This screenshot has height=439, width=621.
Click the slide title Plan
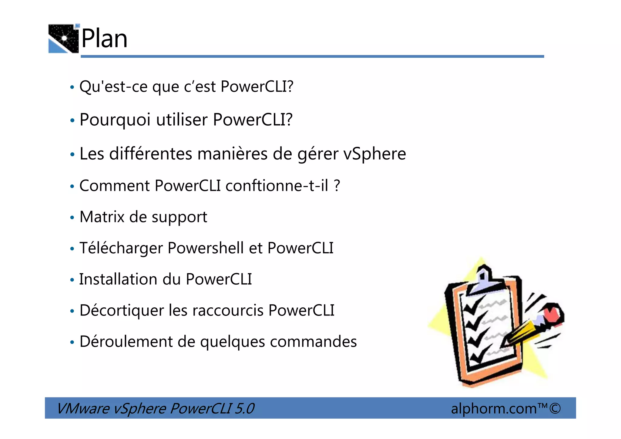(104, 39)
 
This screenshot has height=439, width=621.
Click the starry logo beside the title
(64, 39)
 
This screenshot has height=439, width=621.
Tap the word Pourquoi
(115, 120)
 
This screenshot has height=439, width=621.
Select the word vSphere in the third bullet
(374, 154)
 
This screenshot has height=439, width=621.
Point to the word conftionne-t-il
(277, 186)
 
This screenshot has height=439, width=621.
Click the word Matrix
(102, 217)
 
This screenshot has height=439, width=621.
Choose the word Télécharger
(121, 248)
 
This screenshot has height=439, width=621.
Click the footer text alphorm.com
(494, 409)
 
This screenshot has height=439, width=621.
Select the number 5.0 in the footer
(244, 408)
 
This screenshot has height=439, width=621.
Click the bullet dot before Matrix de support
(72, 218)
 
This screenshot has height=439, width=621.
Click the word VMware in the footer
(83, 408)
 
